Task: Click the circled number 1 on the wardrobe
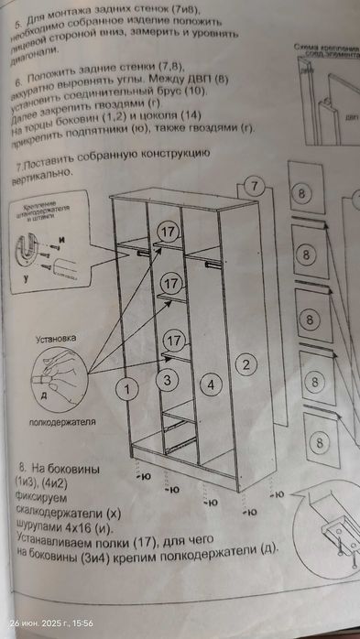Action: pyautogui.click(x=129, y=389)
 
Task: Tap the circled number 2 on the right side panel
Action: pyautogui.click(x=245, y=364)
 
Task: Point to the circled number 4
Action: pyautogui.click(x=210, y=384)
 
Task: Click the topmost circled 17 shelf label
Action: pyautogui.click(x=168, y=233)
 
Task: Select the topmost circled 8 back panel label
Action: pyautogui.click(x=305, y=193)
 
